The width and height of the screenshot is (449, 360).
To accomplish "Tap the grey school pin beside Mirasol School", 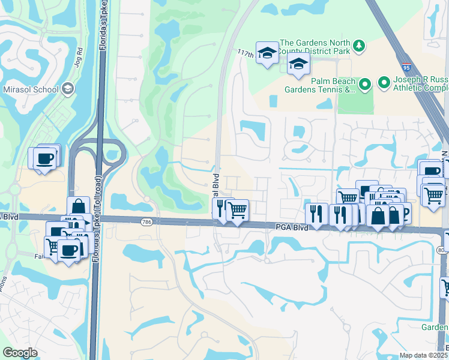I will tap(68, 89).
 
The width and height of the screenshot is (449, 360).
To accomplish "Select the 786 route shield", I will tap(146, 222).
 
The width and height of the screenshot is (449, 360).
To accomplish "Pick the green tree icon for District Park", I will tap(358, 46).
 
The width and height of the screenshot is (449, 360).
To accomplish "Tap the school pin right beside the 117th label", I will tap(266, 53).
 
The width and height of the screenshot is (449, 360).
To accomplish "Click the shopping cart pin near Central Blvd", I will tap(238, 209).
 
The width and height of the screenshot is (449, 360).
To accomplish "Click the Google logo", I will tap(20, 353).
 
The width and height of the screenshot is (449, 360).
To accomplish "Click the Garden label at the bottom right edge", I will tap(435, 327).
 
